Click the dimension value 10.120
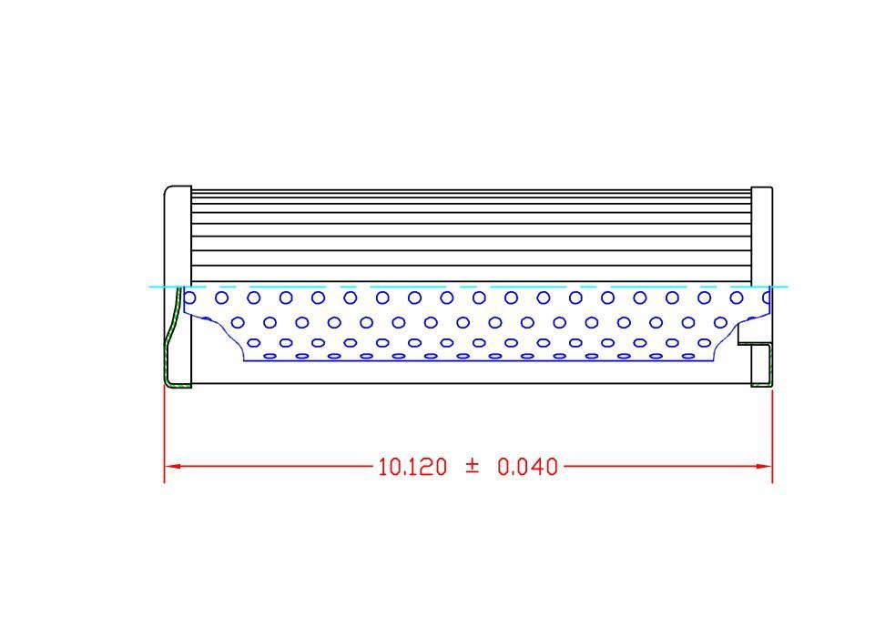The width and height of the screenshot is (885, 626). coord(412,468)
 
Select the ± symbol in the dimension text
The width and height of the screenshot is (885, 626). coord(472,467)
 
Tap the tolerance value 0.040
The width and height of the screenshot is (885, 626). coord(527,468)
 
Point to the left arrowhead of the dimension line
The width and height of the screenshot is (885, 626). coord(172,466)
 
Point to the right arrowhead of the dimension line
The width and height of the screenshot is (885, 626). coord(764,466)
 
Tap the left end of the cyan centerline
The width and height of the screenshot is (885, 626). coord(151,287)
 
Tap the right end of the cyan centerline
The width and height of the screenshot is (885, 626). coord(785,287)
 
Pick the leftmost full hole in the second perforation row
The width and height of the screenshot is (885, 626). coord(238,322)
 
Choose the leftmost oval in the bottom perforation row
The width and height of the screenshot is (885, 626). coord(269,356)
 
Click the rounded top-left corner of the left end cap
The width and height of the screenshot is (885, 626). coord(168,190)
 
